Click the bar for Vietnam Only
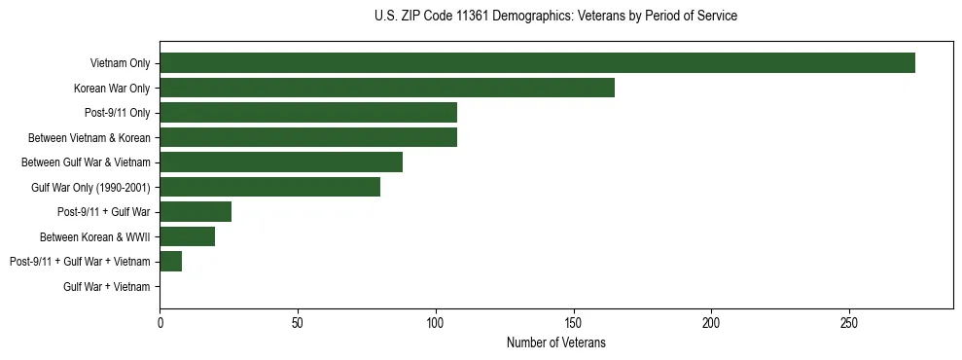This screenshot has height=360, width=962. [537, 63]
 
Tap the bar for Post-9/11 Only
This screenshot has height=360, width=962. [308, 113]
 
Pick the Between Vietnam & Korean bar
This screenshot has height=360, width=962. [308, 137]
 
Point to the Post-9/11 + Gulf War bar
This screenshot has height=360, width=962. [196, 212]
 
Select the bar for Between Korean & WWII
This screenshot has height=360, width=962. [187, 236]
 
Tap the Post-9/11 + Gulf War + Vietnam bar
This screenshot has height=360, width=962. [171, 262]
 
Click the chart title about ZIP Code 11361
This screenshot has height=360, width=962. [555, 17]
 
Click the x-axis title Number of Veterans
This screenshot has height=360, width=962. [555, 342]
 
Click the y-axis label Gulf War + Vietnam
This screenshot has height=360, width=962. [107, 287]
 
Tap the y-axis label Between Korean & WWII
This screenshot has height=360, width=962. [95, 236]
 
